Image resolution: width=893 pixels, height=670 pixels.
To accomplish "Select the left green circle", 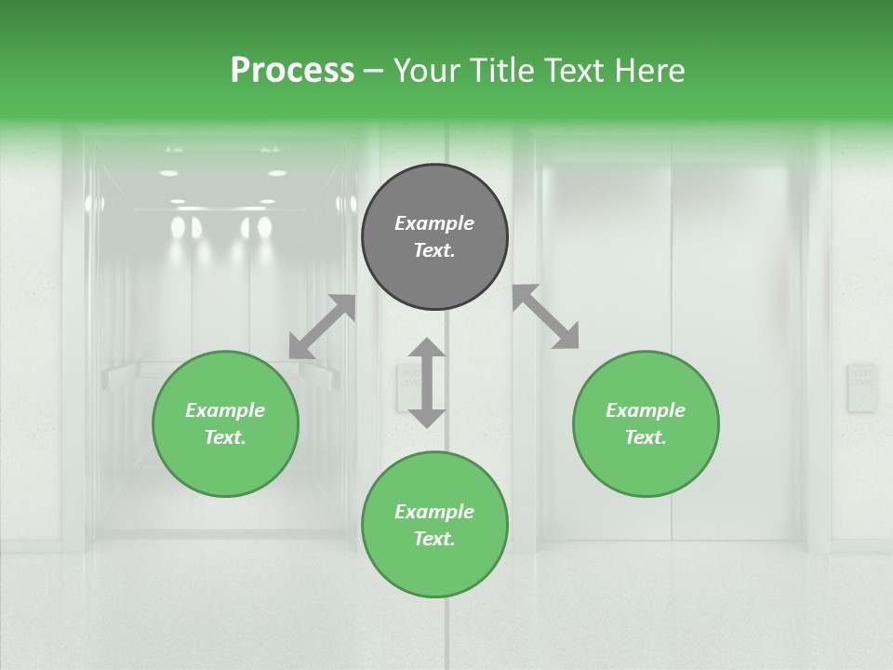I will pyautogui.click(x=225, y=423).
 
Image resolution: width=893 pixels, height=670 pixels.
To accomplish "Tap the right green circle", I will pyautogui.click(x=646, y=423).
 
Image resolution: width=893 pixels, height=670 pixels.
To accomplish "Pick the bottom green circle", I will pyautogui.click(x=434, y=525).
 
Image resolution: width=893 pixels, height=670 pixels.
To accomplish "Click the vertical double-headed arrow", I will pyautogui.click(x=427, y=382).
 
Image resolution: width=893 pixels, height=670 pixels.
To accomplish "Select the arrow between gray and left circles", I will pyautogui.click(x=322, y=327).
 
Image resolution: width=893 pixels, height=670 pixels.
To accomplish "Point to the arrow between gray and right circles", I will pyautogui.click(x=546, y=316).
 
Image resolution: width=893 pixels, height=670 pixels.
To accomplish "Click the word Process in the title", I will pyautogui.click(x=292, y=70).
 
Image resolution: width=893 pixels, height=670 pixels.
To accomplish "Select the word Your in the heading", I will pyautogui.click(x=425, y=70).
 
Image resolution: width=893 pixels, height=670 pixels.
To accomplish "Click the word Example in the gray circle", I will pyautogui.click(x=434, y=223).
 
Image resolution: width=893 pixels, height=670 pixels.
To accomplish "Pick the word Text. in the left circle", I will pyautogui.click(x=225, y=437).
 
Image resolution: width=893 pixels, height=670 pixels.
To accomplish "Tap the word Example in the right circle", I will pyautogui.click(x=646, y=410).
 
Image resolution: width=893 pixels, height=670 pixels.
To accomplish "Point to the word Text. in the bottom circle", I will pyautogui.click(x=434, y=539).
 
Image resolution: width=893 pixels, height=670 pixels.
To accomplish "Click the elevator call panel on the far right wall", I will pyautogui.click(x=861, y=387).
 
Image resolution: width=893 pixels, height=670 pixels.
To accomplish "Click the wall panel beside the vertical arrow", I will pyautogui.click(x=407, y=386).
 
